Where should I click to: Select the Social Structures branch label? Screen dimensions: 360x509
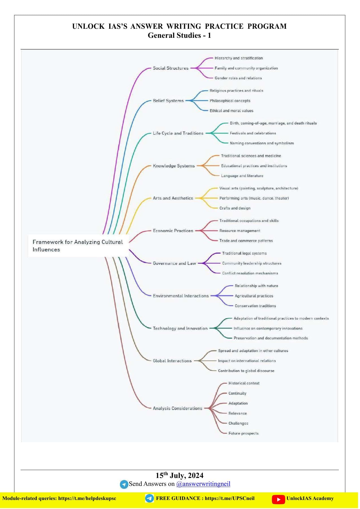(171, 68)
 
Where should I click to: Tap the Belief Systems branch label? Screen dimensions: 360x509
(168, 101)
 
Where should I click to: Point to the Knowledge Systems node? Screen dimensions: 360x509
(174, 166)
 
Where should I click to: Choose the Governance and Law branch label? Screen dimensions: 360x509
(174, 263)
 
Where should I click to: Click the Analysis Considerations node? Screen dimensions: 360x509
(177, 408)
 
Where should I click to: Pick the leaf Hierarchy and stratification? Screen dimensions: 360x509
(239, 58)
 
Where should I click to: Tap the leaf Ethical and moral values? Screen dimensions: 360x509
(231, 111)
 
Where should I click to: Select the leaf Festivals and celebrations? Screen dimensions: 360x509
(253, 133)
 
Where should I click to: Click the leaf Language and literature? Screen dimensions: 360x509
(242, 176)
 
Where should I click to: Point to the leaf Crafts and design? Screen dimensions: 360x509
(235, 208)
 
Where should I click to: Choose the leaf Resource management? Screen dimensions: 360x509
(240, 231)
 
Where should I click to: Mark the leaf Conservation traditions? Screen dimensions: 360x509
(255, 306)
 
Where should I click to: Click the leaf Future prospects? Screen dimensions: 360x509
(243, 433)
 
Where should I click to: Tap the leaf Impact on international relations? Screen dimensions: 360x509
(247, 361)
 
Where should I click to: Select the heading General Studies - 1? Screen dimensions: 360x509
(179, 35)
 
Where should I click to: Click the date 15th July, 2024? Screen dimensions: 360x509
(180, 475)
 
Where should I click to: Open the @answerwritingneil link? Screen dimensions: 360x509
(203, 484)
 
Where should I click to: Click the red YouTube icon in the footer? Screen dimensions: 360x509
(278, 499)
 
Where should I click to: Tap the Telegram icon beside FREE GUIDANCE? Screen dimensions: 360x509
(149, 499)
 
